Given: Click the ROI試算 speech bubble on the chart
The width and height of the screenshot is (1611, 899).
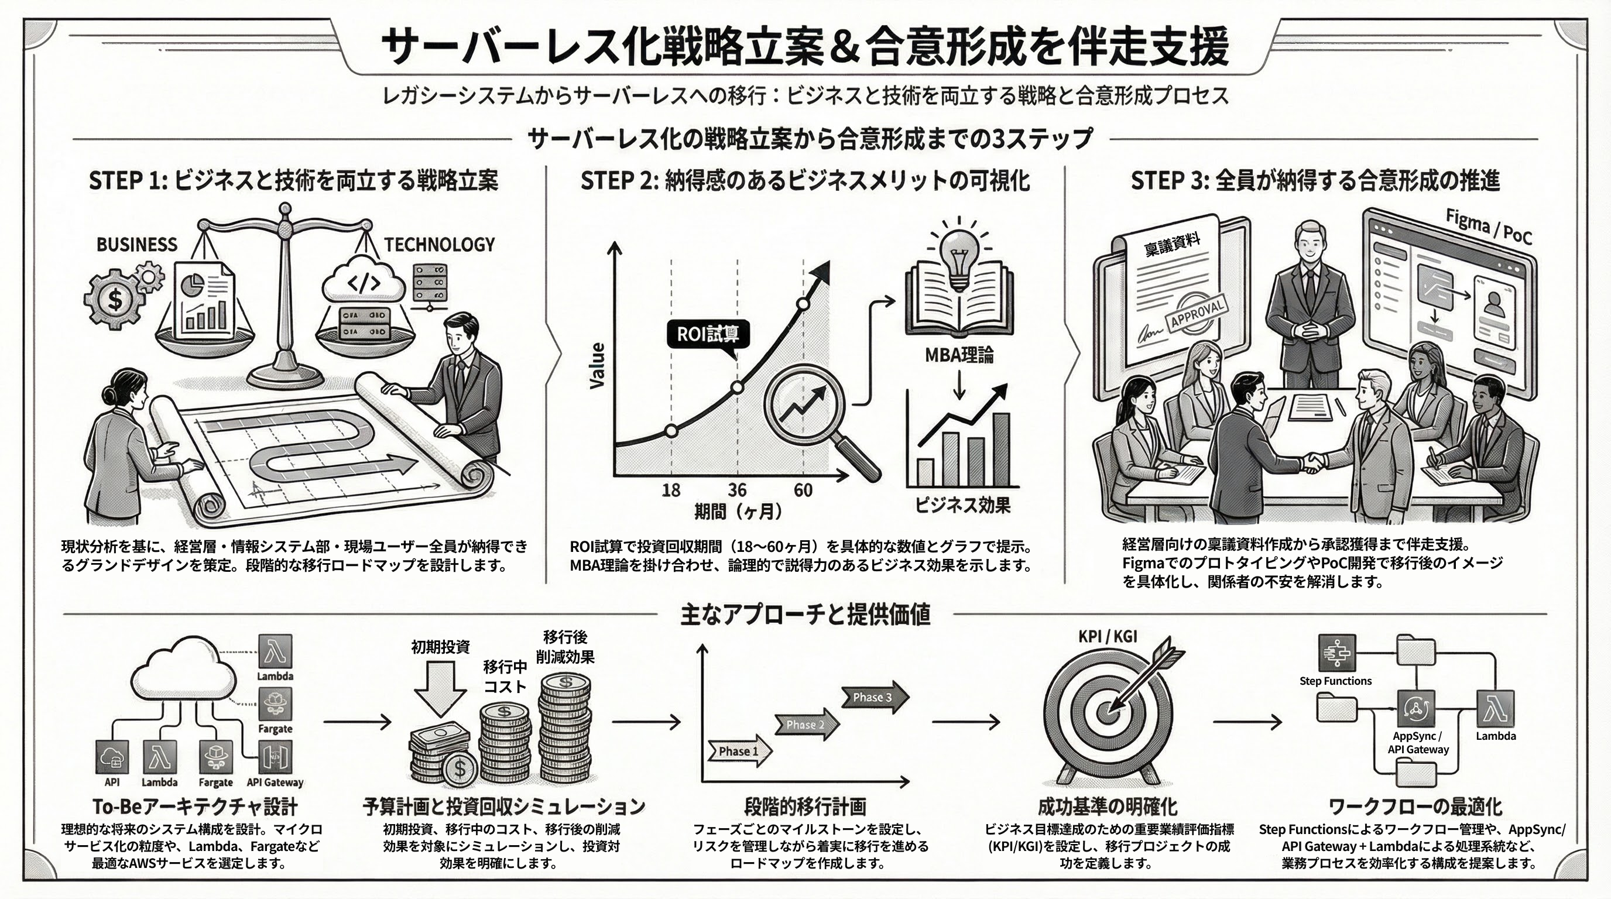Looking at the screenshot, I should tap(707, 334).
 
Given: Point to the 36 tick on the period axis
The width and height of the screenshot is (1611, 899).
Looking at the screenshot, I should tap(738, 489).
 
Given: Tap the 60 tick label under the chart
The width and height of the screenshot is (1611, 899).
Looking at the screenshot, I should tap(803, 489).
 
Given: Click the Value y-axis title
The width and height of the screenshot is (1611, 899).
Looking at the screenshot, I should tap(598, 366).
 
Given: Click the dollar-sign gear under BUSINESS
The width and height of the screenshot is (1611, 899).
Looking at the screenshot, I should tap(115, 299).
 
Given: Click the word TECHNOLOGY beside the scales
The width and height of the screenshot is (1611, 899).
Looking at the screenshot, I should tap(439, 245).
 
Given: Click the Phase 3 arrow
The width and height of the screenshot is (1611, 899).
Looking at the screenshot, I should tap(873, 697).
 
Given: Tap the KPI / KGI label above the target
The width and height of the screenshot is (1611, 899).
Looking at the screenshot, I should tap(1108, 636).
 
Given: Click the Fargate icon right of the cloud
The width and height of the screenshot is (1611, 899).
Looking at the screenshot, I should tap(275, 704).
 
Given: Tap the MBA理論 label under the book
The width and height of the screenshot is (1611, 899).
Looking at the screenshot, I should tap(959, 356).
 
